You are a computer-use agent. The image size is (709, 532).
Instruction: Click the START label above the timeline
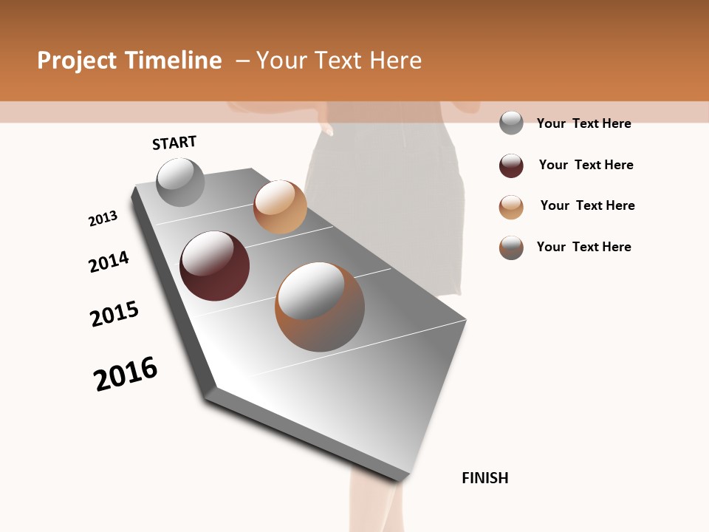(x=174, y=143)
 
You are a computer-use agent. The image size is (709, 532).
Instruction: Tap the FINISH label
(x=484, y=478)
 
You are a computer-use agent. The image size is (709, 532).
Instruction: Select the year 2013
(x=103, y=219)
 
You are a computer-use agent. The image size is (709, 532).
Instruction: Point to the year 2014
(x=109, y=262)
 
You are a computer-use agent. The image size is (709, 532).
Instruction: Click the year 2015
(x=114, y=314)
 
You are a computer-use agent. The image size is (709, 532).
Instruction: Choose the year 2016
(x=126, y=374)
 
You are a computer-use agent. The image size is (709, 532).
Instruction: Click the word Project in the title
(x=78, y=61)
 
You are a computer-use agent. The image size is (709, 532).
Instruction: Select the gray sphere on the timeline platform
(x=180, y=182)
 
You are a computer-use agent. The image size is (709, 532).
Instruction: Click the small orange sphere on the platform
(x=280, y=206)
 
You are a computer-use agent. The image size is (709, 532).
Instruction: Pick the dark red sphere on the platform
(x=214, y=266)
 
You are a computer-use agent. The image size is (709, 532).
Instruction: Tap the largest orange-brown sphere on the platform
(x=319, y=307)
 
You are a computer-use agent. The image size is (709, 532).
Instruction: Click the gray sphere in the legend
(x=511, y=123)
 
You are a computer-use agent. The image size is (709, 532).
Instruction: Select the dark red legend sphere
(x=511, y=166)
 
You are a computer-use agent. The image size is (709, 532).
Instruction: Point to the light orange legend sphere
(x=511, y=207)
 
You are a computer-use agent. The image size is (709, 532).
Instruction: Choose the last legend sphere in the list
(x=511, y=248)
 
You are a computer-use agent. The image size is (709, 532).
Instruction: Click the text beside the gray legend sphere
(x=583, y=123)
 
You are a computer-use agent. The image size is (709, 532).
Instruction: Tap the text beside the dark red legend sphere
(x=586, y=165)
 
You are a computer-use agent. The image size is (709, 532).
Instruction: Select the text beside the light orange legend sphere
(x=587, y=205)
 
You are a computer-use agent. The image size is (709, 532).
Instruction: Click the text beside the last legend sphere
(x=583, y=247)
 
